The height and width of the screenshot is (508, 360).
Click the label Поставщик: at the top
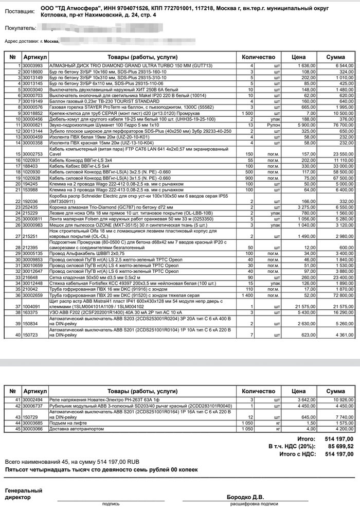pos(20,10)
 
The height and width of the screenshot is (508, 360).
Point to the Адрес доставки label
pos(22,41)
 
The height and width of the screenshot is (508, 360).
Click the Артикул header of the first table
pos(35,57)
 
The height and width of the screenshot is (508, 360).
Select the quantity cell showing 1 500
pos(245,113)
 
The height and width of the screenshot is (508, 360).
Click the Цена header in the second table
pos(298,391)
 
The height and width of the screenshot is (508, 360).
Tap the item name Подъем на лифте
pos(69,423)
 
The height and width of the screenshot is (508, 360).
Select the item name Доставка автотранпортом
pos(79,428)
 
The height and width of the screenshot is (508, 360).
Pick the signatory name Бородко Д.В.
pos(245,497)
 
